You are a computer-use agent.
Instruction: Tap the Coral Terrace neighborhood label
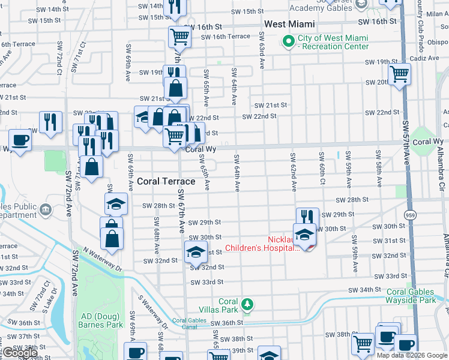(166, 181)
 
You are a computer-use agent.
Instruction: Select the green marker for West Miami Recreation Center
(288, 41)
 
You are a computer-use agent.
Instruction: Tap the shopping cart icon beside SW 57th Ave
(399, 75)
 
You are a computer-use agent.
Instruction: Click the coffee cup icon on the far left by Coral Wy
(20, 140)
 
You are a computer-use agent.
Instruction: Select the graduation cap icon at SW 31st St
(196, 253)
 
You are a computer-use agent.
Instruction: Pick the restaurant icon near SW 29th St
(306, 217)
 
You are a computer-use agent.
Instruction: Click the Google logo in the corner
(19, 353)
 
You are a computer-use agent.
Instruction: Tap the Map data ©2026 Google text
(412, 355)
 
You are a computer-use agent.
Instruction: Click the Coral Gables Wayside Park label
(411, 296)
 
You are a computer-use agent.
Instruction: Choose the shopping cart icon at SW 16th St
(179, 37)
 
